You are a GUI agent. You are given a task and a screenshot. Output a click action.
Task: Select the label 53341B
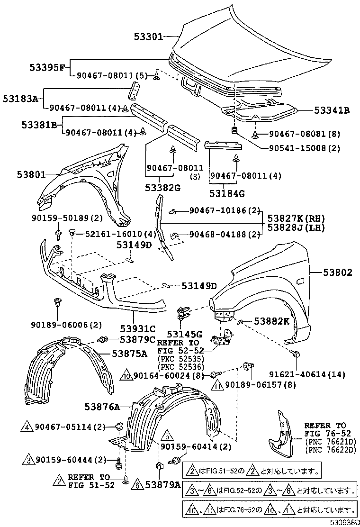[x=332, y=110]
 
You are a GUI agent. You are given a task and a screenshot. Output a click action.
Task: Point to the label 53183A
[x=20, y=99]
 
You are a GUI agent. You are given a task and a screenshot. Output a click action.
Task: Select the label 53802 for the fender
[x=338, y=273]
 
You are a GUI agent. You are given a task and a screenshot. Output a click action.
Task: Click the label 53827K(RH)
[x=295, y=218]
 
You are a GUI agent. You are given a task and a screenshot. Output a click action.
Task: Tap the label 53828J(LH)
[x=295, y=228]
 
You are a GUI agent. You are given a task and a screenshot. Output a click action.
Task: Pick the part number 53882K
[x=271, y=321]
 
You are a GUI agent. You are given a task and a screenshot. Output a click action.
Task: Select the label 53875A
[x=129, y=353]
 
